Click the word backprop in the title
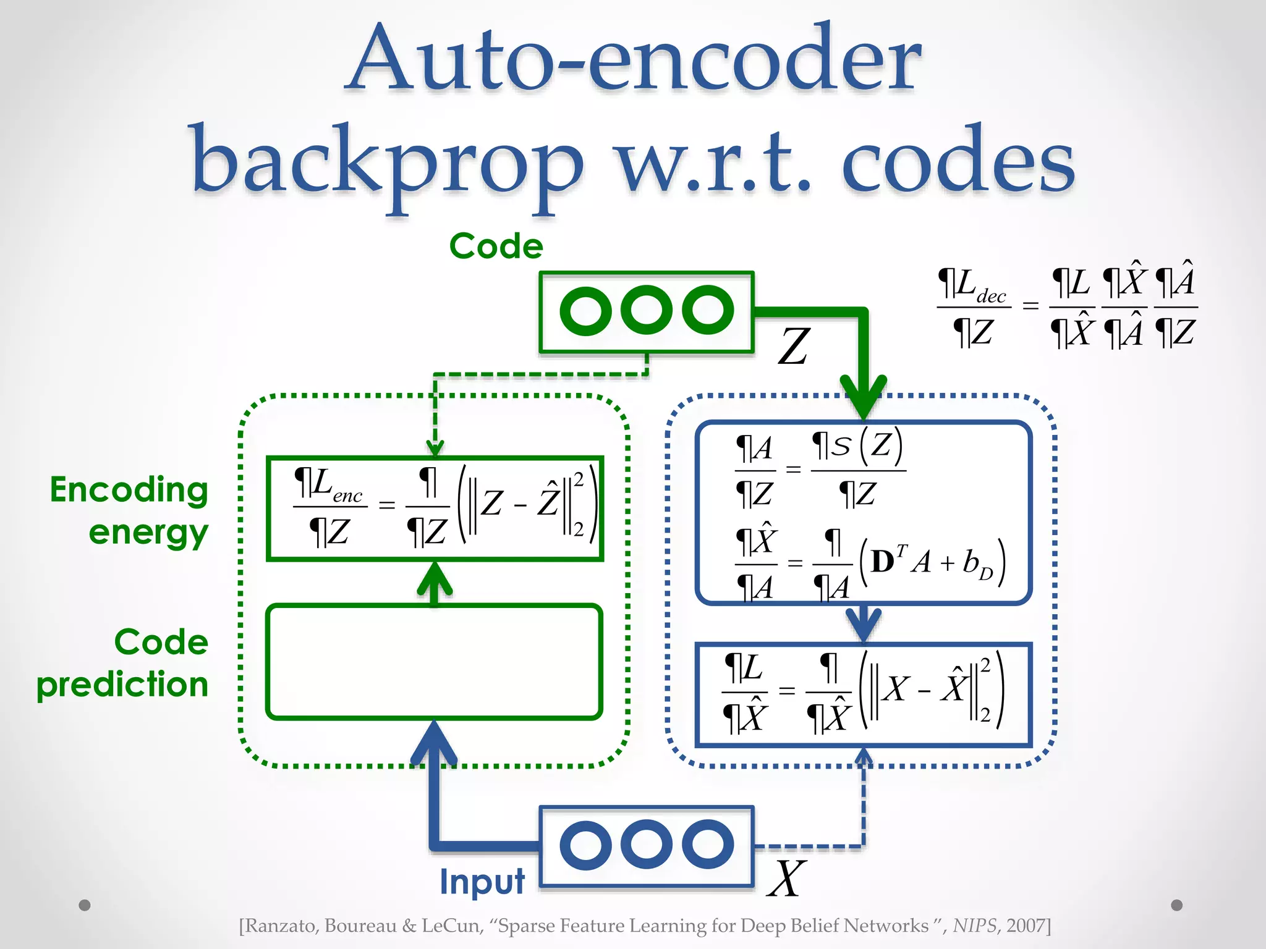386,164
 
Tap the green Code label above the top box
496,247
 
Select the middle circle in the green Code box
647,310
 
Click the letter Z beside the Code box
794,347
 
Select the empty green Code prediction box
434,662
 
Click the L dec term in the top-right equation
973,286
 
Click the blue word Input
482,881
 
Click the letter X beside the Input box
786,878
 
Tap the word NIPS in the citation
974,926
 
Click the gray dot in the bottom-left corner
85,905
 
